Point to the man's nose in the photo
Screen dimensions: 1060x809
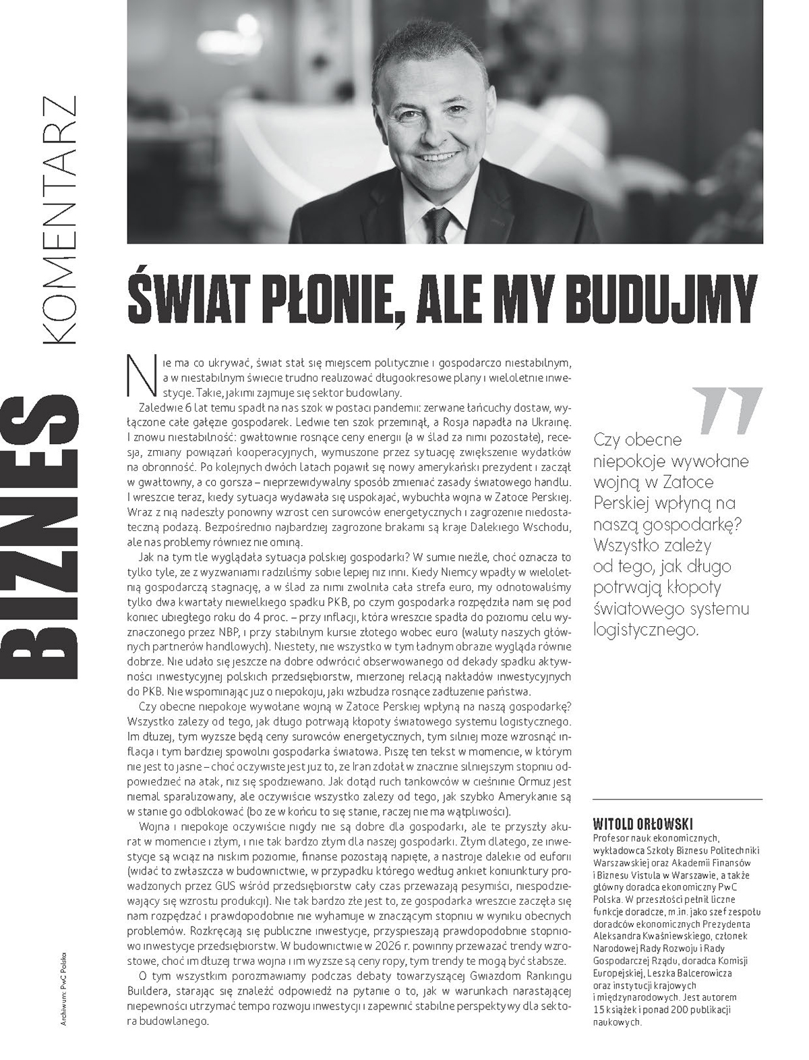coord(429,135)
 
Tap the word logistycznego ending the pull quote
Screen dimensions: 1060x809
coord(646,630)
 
